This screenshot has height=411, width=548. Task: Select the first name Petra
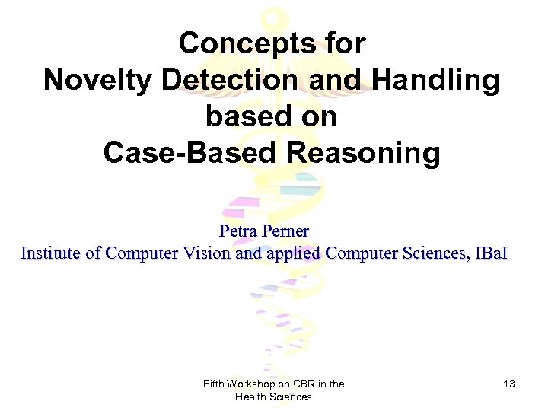click(237, 229)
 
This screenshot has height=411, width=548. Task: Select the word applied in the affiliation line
click(292, 253)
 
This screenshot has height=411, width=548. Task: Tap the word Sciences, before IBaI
click(433, 253)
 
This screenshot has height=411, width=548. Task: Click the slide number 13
click(508, 384)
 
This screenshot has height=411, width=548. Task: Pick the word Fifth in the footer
click(214, 384)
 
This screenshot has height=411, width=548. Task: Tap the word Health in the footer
click(252, 397)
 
